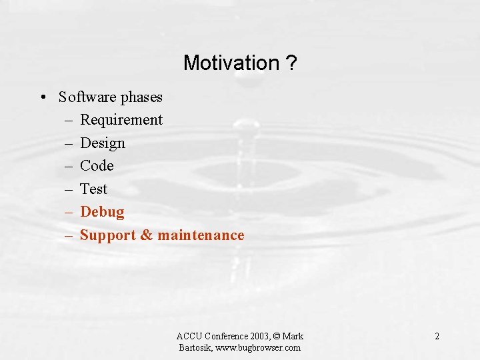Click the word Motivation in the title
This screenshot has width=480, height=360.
(x=231, y=63)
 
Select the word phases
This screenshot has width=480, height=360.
(x=141, y=98)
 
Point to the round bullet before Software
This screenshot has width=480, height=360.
(x=42, y=97)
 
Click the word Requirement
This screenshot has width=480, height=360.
(x=121, y=120)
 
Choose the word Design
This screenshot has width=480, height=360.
(x=103, y=143)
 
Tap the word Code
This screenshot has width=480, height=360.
(x=97, y=166)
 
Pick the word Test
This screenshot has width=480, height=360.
(x=93, y=189)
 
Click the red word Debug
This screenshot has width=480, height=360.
(x=102, y=212)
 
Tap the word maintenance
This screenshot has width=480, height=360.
(x=201, y=235)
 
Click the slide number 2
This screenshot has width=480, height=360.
(x=437, y=336)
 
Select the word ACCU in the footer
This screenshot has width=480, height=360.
(x=189, y=336)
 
